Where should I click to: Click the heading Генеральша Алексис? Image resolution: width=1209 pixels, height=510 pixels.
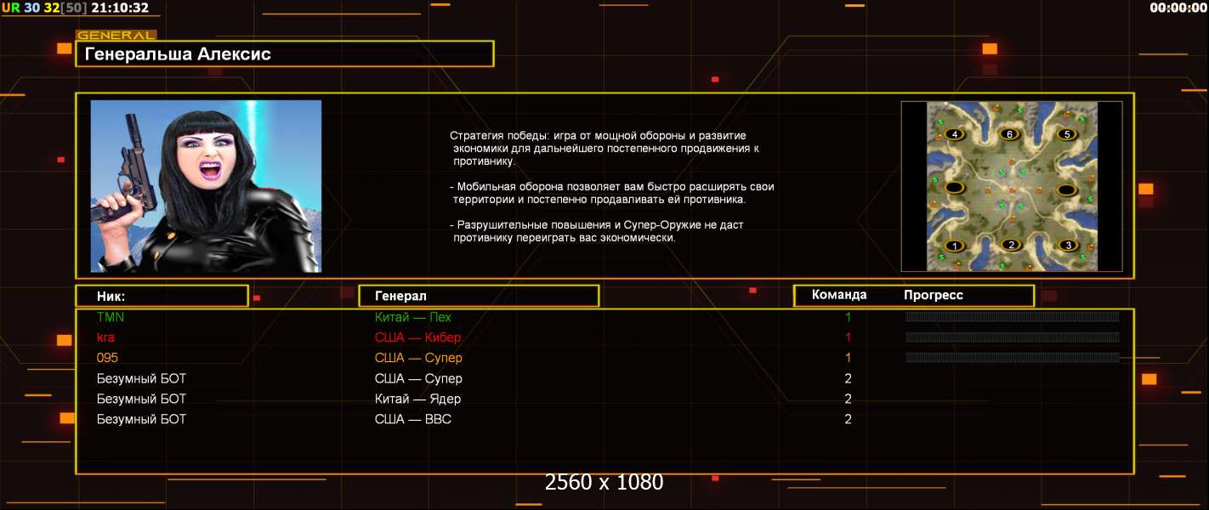178,54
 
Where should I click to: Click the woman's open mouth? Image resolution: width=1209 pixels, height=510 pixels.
211,171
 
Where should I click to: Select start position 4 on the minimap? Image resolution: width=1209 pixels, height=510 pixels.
954,134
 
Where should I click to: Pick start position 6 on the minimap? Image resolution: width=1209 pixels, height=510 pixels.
1009,134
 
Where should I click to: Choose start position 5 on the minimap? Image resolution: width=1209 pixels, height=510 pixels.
1066,134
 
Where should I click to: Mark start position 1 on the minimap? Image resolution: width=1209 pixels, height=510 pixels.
954,246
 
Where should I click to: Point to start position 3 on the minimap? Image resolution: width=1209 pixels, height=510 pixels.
1068,246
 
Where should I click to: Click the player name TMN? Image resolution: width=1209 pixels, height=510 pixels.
111,317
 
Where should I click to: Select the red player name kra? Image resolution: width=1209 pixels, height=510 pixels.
105,337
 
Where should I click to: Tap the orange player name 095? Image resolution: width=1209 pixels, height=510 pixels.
107,358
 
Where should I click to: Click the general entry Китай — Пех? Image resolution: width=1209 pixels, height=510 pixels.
413,317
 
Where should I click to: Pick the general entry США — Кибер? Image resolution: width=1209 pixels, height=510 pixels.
417,337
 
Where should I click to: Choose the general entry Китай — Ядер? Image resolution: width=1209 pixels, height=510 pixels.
417,399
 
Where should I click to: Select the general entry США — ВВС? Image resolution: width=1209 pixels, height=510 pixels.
413,419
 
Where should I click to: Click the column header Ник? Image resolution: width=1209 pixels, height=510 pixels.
111,297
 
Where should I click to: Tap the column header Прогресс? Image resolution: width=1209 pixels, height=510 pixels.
934,295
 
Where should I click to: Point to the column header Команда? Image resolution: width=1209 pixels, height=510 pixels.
839,295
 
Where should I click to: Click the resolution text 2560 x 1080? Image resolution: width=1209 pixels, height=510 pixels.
604,482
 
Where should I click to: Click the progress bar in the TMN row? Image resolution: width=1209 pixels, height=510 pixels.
1012,317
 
